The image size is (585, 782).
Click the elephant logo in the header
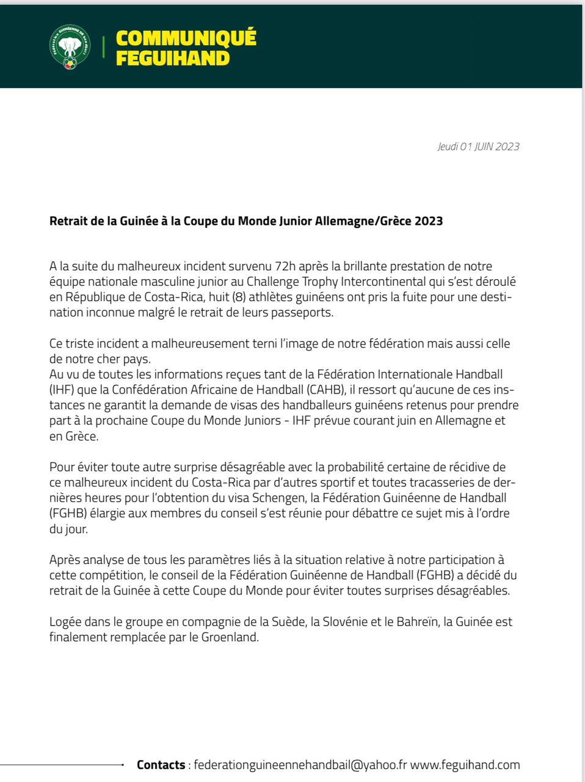pos(70,47)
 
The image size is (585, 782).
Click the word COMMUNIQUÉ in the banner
pos(186,38)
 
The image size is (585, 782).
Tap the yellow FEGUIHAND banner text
pos(172,59)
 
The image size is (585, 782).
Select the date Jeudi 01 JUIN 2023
pos(478,147)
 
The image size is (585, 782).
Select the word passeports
pos(302,313)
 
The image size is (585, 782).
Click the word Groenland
pos(230,637)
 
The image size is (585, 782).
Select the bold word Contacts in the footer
pos(161,765)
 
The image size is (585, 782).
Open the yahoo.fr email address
pos(300,765)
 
